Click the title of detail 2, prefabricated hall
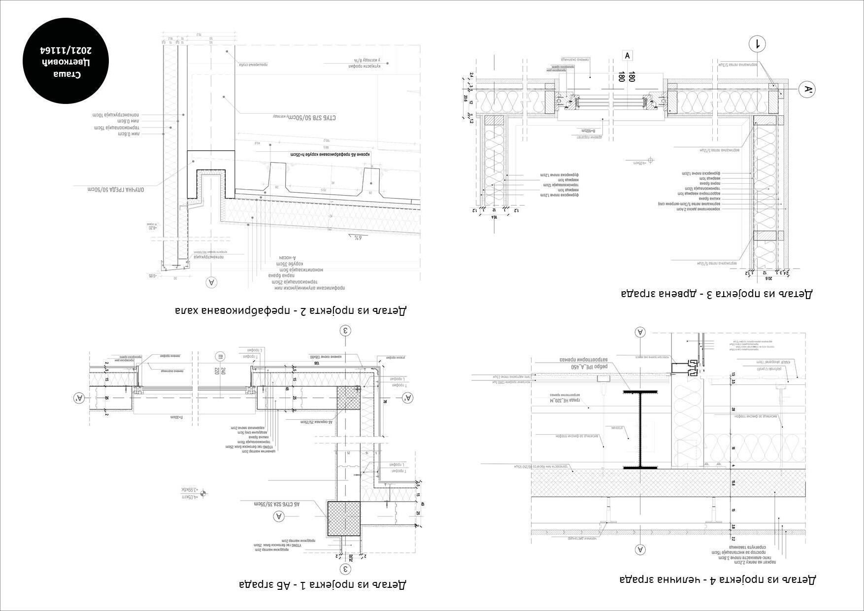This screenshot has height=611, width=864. pyautogui.click(x=291, y=310)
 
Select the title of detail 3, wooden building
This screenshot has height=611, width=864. pyautogui.click(x=717, y=294)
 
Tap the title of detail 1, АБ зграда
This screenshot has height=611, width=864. pyautogui.click(x=323, y=584)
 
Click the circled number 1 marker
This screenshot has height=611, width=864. pyautogui.click(x=757, y=44)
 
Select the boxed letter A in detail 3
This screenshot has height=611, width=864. pyautogui.click(x=627, y=56)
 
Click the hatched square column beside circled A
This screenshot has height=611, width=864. pyautogui.click(x=344, y=518)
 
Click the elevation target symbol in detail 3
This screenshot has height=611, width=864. pyautogui.click(x=651, y=160)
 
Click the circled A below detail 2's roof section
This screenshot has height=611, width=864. pyautogui.click(x=211, y=282)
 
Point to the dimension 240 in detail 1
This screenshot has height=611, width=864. pyautogui.click(x=223, y=371)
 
